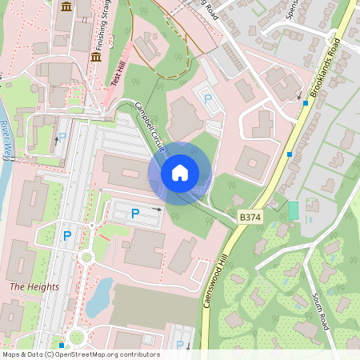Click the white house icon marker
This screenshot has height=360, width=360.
coord(180,173)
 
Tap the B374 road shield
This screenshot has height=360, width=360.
coord(250,217)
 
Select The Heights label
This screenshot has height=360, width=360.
coord(34,286)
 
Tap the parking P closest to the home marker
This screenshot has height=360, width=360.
coord(134,214)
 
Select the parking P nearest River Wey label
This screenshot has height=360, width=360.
coord(62,138)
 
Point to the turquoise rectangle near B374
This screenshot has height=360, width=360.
coord(293,211)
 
